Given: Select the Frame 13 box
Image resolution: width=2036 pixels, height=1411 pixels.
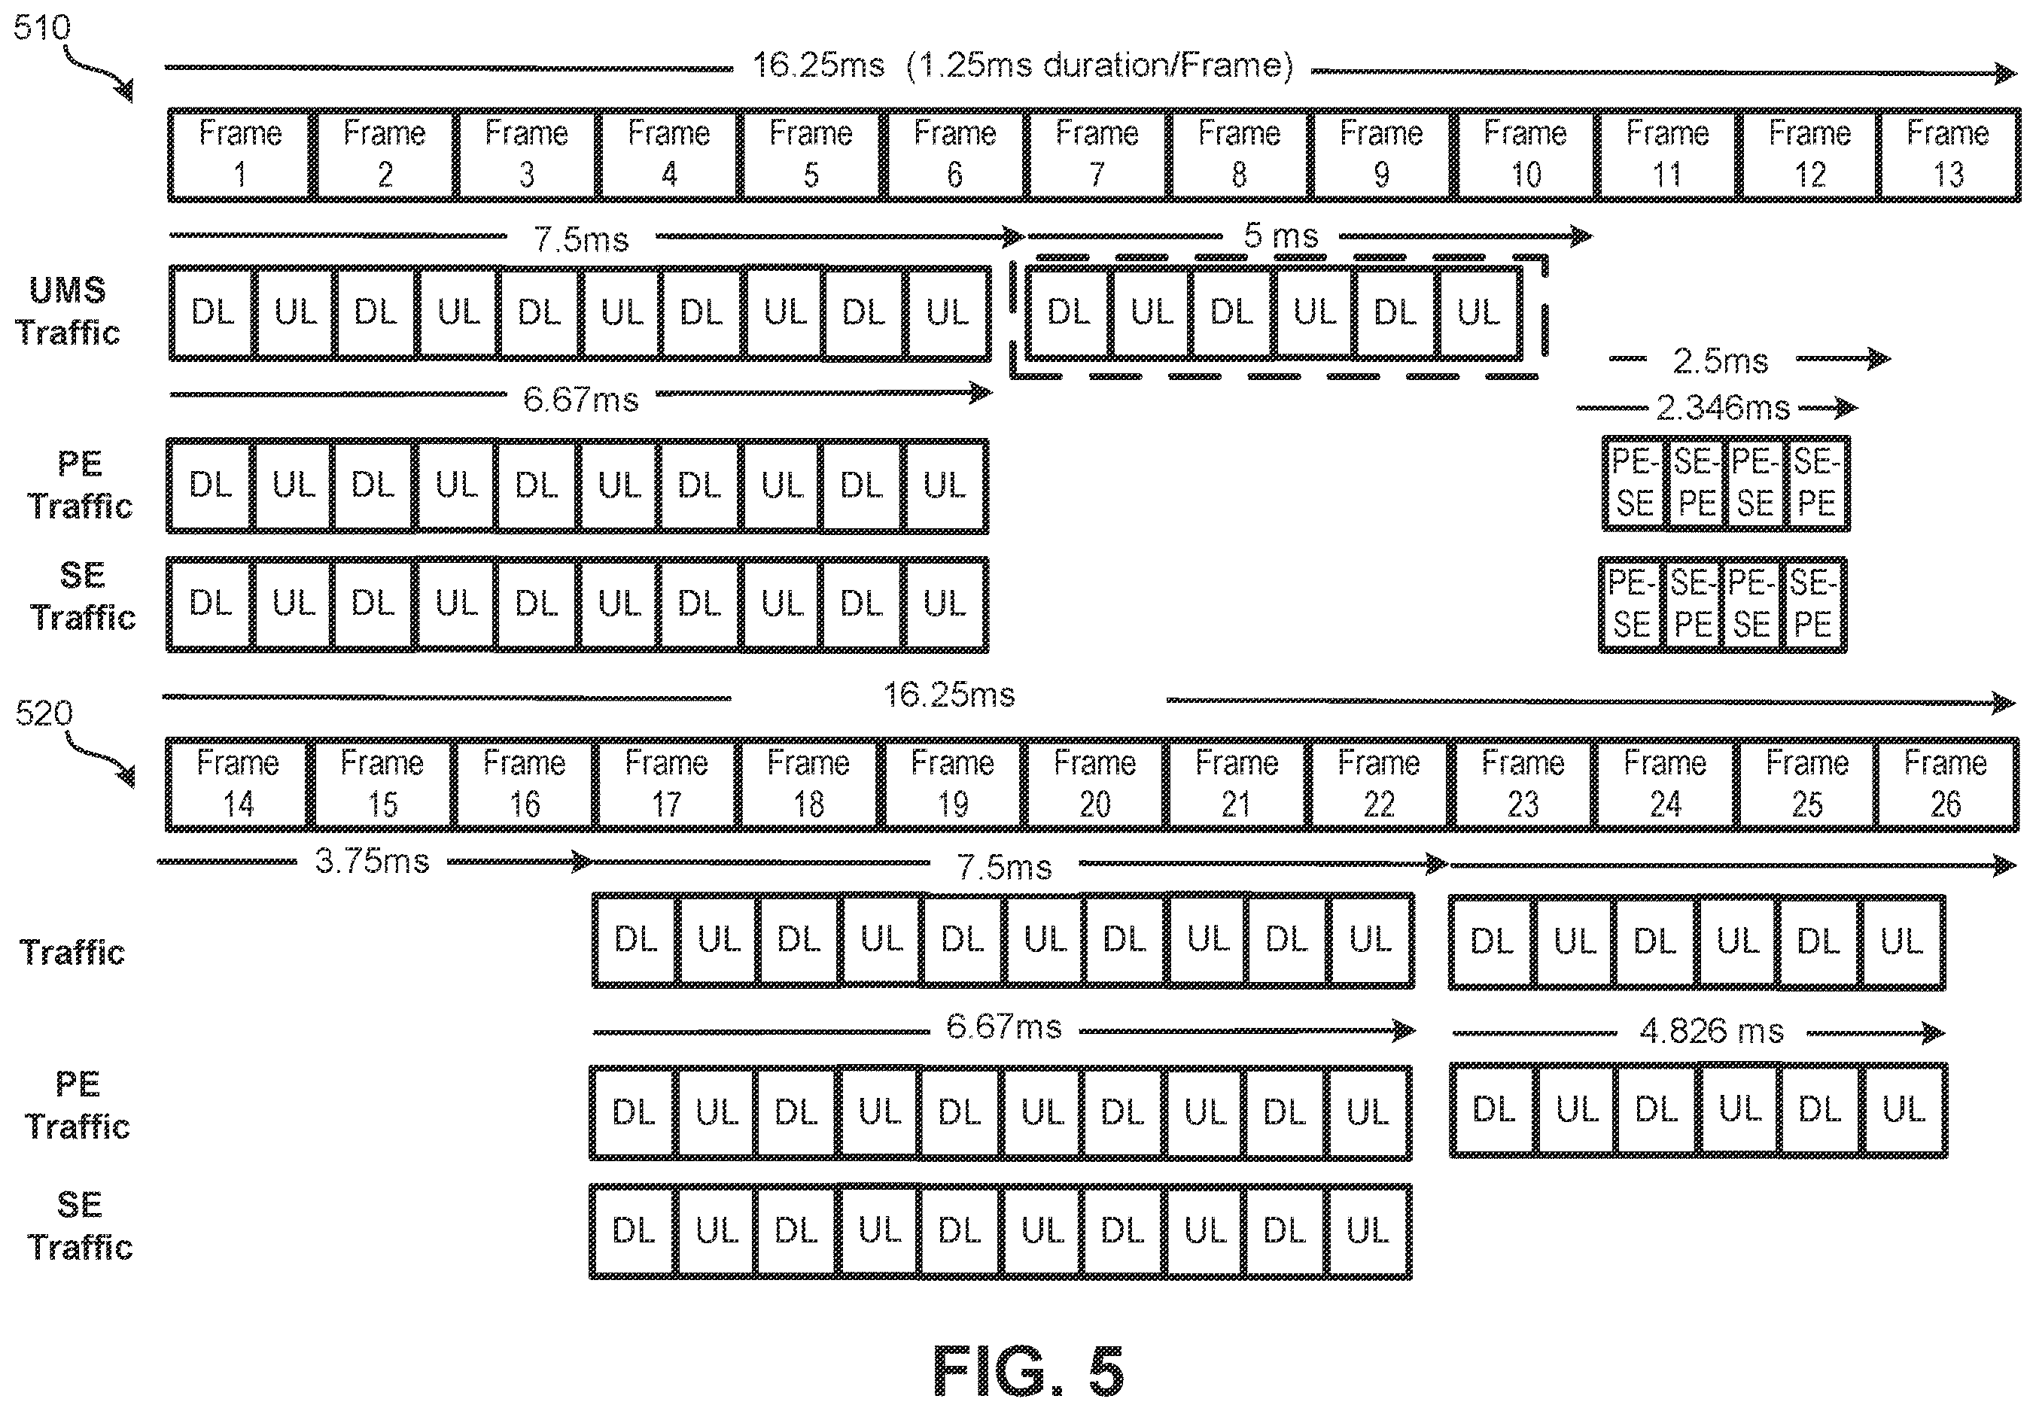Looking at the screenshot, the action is coord(1949,155).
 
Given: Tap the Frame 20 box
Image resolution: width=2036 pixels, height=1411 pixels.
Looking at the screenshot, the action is coord(1094,784).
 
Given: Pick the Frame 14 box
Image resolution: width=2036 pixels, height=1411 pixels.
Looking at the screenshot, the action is coord(238,784).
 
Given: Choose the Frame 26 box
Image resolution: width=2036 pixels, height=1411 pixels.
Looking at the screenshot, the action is coord(1946,784).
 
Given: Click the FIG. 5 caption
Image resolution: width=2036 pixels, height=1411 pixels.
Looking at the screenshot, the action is coord(1028,1371).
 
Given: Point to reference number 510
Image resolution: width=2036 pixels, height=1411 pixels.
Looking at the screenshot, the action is coord(41,27).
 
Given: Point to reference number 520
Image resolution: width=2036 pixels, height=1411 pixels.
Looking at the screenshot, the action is coord(44,713).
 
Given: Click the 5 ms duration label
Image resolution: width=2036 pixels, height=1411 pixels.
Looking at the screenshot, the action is coord(1281,236).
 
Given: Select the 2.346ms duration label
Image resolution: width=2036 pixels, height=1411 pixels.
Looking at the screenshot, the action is coord(1722,408).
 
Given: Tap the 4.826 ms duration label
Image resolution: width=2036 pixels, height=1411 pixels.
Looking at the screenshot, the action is coord(1712,1031).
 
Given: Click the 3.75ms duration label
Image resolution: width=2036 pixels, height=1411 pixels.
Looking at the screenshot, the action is coord(372,860).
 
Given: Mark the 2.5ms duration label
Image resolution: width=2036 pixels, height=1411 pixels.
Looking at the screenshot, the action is coord(1721,360).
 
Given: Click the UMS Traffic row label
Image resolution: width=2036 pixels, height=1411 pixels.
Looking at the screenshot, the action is coord(67,312).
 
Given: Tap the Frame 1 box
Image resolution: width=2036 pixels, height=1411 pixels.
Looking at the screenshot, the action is coord(240,155).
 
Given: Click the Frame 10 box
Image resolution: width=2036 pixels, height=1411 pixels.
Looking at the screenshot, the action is coord(1525,155).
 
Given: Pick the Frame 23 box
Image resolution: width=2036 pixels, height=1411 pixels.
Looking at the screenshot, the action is coord(1523,784).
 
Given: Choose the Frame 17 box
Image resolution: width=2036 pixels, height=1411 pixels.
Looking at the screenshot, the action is coord(667,784).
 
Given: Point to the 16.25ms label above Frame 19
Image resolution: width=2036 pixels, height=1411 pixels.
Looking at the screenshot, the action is coord(949,695).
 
